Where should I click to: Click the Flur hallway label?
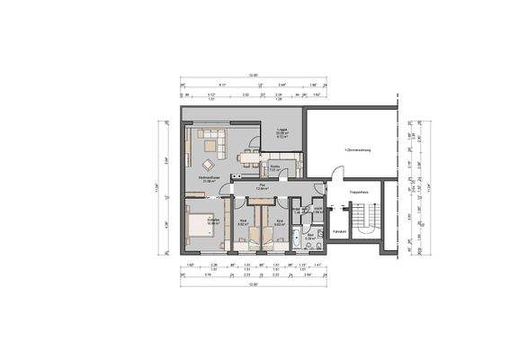click(263, 188)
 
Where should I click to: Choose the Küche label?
click(276, 166)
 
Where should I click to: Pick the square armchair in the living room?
click(209, 164)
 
